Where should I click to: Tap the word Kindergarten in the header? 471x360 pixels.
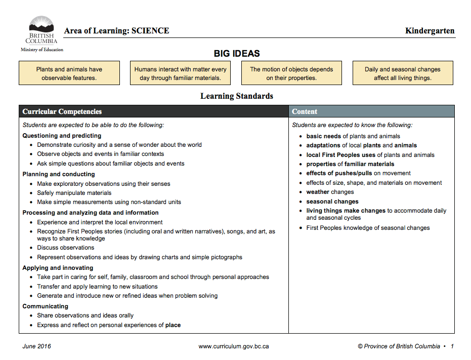[430, 31]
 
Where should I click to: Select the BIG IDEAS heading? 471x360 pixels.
[237, 54]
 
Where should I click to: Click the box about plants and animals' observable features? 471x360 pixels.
[69, 73]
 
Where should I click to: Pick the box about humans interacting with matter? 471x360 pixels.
[181, 73]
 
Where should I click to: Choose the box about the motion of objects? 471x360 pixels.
[291, 73]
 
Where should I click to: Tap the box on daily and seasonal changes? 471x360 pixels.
[403, 73]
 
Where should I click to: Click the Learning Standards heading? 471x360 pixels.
[237, 96]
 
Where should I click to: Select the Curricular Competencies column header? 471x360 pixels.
[62, 112]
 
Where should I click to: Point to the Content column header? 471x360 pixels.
[305, 112]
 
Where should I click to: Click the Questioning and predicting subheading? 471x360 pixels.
[62, 136]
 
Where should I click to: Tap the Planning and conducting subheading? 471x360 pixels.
[59, 174]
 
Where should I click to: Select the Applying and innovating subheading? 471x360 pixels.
[58, 268]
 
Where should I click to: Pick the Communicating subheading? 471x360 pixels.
[46, 306]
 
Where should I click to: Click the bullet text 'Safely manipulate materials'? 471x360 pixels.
[74, 193]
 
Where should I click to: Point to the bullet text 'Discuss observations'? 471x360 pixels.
[66, 248]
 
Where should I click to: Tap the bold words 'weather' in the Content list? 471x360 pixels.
[318, 192]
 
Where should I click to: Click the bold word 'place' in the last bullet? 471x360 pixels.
[173, 325]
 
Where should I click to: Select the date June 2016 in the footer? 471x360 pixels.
[36, 346]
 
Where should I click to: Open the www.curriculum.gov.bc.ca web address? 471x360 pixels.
[234, 346]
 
